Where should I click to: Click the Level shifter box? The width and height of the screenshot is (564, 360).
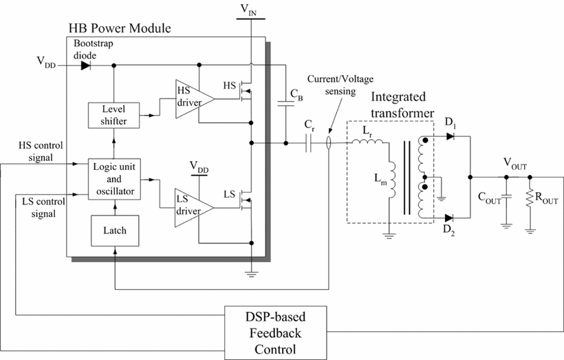(x=113, y=115)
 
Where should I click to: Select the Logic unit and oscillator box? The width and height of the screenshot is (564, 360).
(x=114, y=179)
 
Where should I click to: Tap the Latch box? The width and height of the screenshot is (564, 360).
(x=115, y=231)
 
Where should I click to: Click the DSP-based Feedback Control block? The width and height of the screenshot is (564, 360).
(x=276, y=333)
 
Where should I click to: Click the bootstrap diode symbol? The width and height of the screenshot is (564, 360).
(x=85, y=65)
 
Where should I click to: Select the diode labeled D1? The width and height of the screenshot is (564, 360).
(x=450, y=136)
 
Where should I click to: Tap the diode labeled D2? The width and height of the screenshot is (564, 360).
(x=449, y=218)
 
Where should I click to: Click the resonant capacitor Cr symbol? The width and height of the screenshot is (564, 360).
(x=308, y=143)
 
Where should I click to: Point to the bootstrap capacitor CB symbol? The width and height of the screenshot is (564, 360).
(x=286, y=104)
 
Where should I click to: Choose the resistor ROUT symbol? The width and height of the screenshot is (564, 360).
(x=530, y=198)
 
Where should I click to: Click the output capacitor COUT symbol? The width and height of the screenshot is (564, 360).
(x=506, y=197)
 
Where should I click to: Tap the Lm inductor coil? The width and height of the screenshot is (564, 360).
(x=392, y=180)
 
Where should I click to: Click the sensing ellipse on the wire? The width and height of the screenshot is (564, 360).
(x=328, y=143)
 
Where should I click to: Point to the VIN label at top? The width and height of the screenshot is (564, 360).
(x=248, y=10)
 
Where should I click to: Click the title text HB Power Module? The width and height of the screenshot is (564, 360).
(x=120, y=28)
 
